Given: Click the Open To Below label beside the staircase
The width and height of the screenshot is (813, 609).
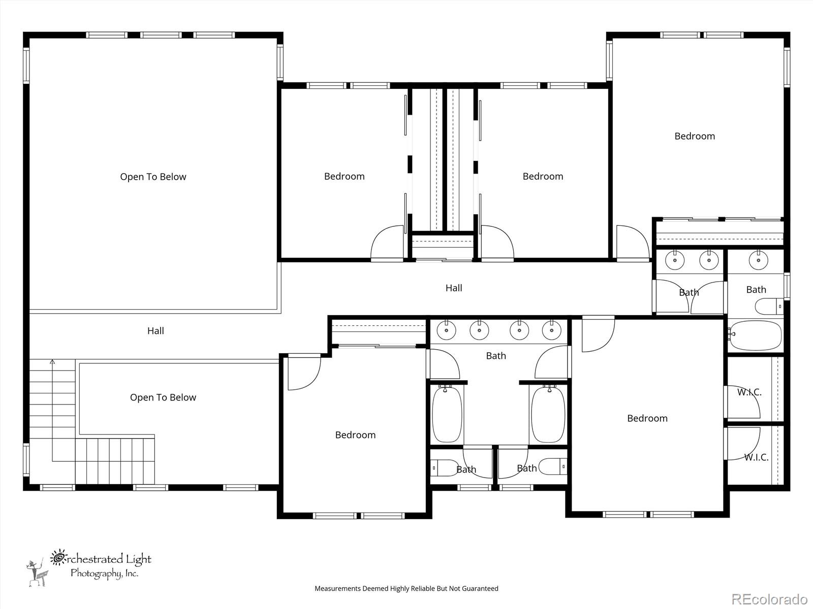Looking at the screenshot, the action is pyautogui.click(x=163, y=397).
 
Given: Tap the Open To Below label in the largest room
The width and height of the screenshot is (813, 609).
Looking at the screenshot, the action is pyautogui.click(x=153, y=177).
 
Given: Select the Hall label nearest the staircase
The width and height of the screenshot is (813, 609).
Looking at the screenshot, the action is pyautogui.click(x=155, y=330).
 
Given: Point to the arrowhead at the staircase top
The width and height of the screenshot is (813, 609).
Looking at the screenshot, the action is pyautogui.click(x=52, y=362).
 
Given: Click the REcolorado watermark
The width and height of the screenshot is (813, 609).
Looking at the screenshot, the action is pyautogui.click(x=770, y=599).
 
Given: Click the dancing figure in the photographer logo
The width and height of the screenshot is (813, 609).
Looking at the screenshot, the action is pyautogui.click(x=37, y=573).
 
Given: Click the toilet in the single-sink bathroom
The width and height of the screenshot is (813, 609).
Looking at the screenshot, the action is pyautogui.click(x=769, y=307).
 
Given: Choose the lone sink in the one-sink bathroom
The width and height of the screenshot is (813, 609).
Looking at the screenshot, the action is pyautogui.click(x=758, y=260).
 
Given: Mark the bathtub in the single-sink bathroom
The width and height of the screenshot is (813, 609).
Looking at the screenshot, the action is pyautogui.click(x=756, y=335).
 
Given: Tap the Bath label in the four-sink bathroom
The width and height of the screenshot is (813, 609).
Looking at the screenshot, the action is pyautogui.click(x=496, y=356).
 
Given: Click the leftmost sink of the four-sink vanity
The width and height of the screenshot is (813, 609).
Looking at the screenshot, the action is pyautogui.click(x=446, y=330).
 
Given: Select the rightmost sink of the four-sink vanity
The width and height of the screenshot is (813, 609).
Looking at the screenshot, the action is pyautogui.click(x=551, y=330).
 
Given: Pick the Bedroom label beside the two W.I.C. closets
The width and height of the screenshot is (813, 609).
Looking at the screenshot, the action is pyautogui.click(x=647, y=418).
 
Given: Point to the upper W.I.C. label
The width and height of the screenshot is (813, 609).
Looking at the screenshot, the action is pyautogui.click(x=749, y=392).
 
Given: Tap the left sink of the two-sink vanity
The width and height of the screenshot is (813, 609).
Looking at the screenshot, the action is pyautogui.click(x=675, y=260).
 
